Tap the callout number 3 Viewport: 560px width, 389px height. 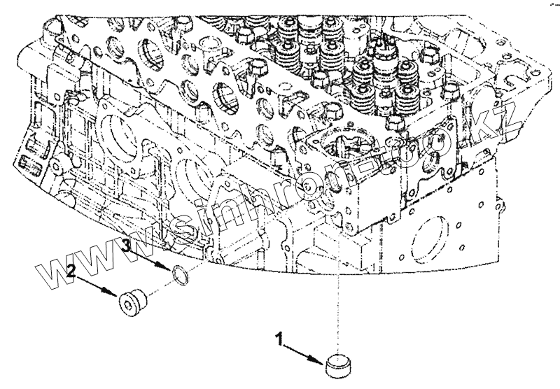coord(127,246)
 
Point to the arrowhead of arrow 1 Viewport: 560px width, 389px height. coord(321,360)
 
